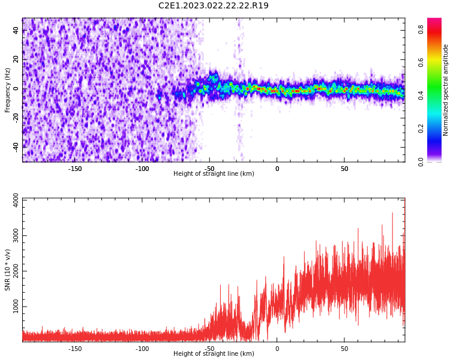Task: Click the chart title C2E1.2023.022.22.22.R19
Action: [213, 6]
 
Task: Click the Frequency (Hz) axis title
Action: [8, 90]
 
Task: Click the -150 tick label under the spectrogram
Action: [75, 169]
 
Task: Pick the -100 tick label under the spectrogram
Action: [142, 169]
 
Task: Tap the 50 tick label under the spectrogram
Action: [344, 169]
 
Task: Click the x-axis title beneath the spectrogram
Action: [214, 174]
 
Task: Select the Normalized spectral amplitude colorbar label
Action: [446, 90]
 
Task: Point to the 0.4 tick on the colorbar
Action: [421, 95]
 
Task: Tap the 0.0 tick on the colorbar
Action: [421, 161]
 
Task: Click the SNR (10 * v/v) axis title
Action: [8, 270]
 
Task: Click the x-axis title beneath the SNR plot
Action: [214, 354]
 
